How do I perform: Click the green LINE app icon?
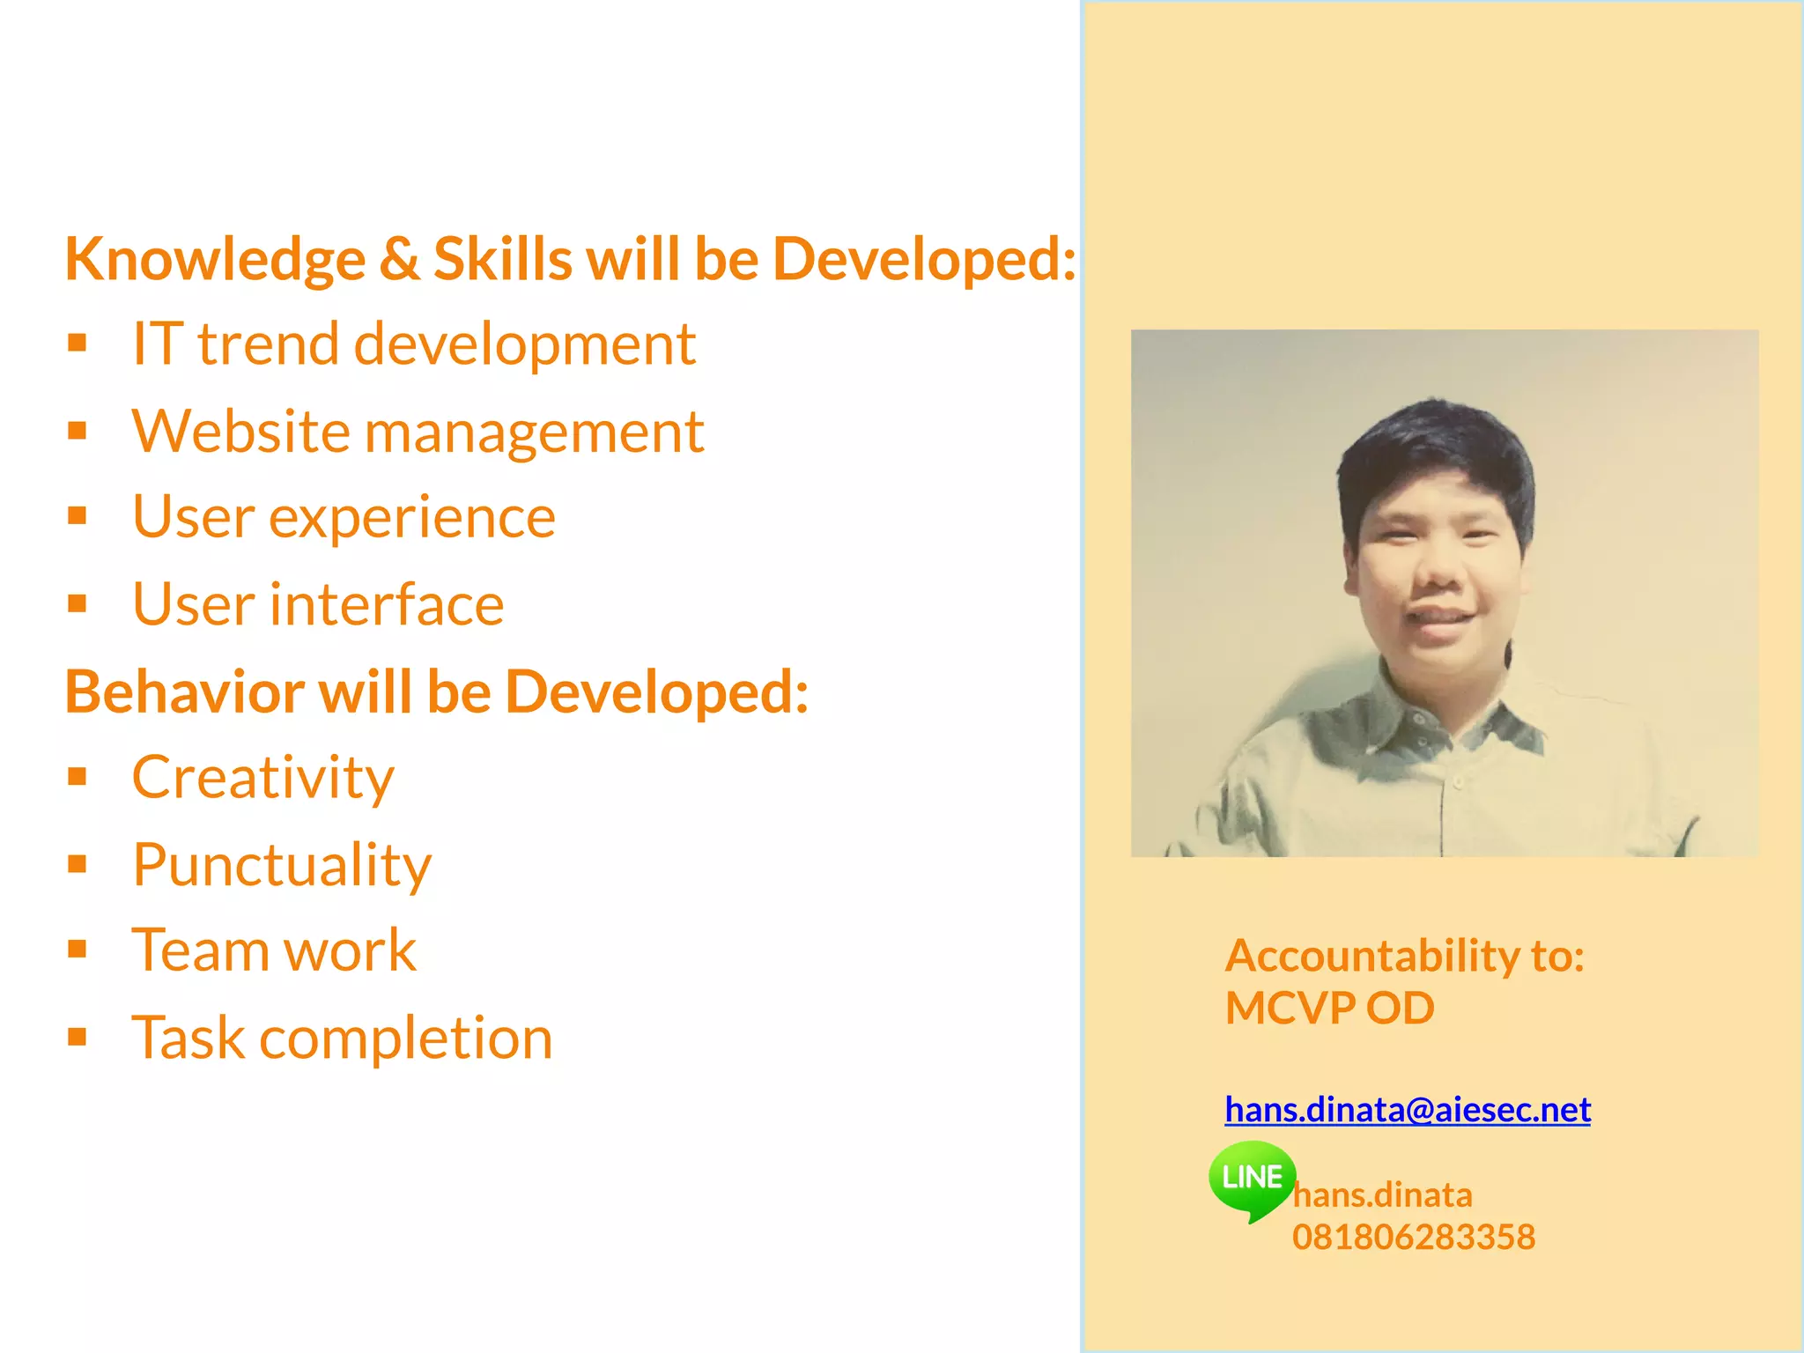pos(1252,1179)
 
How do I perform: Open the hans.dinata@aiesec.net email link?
pos(1407,1110)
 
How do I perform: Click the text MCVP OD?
pos(1329,1008)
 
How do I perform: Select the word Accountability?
pos(1371,957)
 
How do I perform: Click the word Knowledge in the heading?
pos(215,261)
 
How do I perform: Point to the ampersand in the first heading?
pos(399,259)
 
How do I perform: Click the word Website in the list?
pos(240,433)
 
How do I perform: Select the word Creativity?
pos(262,779)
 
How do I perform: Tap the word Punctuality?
pos(282,866)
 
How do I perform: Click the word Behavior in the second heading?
pos(184,692)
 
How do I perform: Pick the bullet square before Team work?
pos(78,950)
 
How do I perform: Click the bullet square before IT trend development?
pos(78,343)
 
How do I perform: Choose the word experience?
pos(411,518)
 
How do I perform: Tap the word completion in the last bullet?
pos(405,1039)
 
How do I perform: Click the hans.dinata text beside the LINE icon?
pos(1382,1195)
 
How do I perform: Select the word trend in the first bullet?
pos(268,344)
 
